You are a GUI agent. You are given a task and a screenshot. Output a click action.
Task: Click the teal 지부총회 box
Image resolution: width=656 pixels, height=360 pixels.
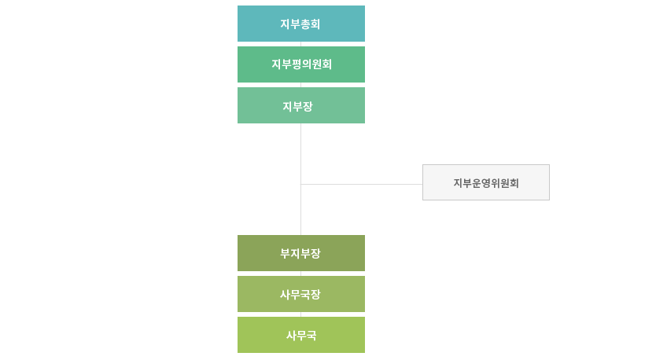click(301, 24)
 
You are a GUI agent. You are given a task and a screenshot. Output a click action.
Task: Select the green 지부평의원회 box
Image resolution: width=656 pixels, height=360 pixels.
click(301, 64)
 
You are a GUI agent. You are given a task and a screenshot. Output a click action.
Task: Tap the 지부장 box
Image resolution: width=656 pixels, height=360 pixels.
click(301, 105)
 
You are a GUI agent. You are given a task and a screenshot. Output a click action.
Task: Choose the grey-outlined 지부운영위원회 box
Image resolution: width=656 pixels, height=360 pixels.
click(486, 182)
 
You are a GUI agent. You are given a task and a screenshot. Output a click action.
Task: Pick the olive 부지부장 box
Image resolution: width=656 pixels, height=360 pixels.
click(301, 253)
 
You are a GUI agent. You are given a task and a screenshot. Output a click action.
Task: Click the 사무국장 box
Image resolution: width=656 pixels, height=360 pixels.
click(301, 294)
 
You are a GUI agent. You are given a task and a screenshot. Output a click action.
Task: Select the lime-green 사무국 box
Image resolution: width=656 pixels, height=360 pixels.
click(301, 335)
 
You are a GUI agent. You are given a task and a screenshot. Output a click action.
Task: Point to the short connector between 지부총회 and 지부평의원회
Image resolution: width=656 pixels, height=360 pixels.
click(300, 44)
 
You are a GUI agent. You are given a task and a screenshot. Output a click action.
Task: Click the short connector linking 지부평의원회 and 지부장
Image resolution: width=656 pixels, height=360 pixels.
click(300, 85)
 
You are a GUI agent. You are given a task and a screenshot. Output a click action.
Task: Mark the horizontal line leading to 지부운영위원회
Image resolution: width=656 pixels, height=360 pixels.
click(362, 184)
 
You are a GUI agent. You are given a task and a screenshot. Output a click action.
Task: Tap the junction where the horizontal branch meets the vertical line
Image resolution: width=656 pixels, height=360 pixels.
click(300, 184)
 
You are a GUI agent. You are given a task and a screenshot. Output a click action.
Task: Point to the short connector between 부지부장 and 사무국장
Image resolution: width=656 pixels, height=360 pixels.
click(300, 274)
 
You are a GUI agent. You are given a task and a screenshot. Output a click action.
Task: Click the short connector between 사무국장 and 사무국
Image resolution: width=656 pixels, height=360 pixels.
click(300, 314)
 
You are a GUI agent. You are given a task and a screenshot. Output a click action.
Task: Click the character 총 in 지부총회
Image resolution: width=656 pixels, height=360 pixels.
click(305, 24)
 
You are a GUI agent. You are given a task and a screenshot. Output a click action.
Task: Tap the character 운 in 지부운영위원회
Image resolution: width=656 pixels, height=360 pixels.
click(477, 183)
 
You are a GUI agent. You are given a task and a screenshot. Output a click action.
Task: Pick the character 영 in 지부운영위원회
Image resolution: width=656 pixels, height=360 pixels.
click(486, 183)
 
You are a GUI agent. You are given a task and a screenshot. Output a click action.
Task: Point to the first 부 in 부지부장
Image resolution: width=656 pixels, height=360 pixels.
click(286, 253)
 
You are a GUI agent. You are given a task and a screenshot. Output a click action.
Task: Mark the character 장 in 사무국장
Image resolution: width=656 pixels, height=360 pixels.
click(316, 294)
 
